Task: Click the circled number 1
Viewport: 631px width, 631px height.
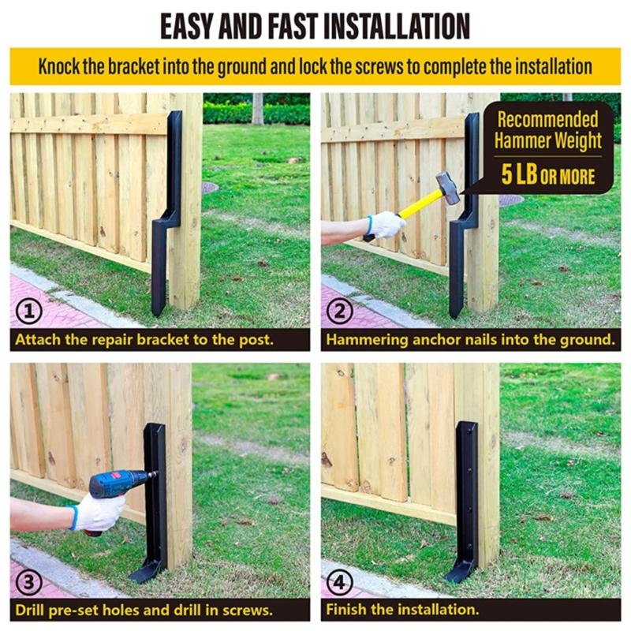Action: point(28,312)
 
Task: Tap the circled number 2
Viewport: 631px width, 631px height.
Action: point(340,312)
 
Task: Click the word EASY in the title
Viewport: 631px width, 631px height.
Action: point(186,25)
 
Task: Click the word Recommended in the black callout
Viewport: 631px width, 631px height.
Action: point(547,120)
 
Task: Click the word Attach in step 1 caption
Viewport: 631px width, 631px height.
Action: point(37,340)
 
